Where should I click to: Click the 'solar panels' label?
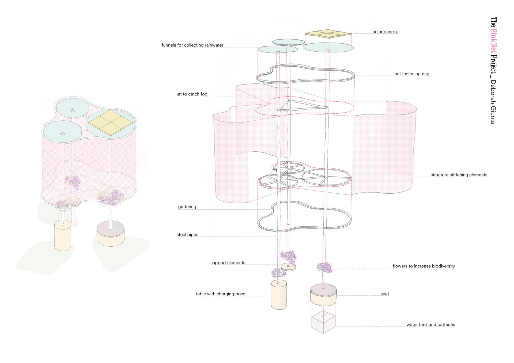[x=385, y=32]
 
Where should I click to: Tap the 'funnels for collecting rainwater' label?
[x=192, y=45]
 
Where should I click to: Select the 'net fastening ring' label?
[x=412, y=74]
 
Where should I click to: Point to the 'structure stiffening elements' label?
[x=459, y=175]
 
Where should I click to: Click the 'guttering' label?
[x=187, y=207]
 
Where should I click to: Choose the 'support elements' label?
[x=228, y=263]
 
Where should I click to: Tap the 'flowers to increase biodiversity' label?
[x=424, y=266]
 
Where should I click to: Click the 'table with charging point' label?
[x=221, y=294]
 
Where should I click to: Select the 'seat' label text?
[x=385, y=294]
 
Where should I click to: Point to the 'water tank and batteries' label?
[x=430, y=324]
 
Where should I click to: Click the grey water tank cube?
[x=323, y=322]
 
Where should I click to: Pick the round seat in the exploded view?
[x=323, y=296]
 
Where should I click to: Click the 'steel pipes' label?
[x=188, y=235]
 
